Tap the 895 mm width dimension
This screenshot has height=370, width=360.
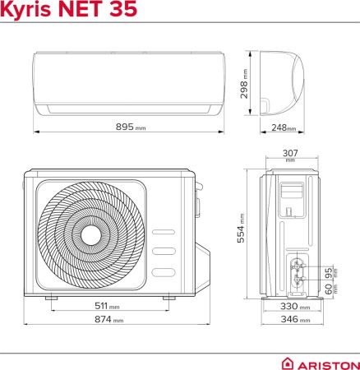coord(131,127)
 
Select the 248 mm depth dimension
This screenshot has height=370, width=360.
coord(285,127)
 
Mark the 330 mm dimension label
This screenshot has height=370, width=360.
coord(292,307)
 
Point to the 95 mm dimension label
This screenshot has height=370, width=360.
coord(329,271)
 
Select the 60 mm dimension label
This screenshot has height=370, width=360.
coord(329,289)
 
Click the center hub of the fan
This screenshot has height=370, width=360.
coord(90,236)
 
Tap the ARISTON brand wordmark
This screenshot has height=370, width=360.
coord(328,363)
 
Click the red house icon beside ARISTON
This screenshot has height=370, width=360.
coord(288,363)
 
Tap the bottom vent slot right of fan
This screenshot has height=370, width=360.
coord(164,271)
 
